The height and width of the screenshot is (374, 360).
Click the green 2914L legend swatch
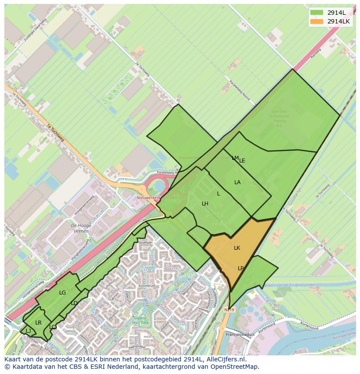pos(316,12)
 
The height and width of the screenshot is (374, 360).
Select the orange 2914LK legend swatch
pos(316,21)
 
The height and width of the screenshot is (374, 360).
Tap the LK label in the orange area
pos(237,248)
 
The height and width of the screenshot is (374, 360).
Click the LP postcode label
pos(241,268)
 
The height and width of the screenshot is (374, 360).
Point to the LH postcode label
pos(205,204)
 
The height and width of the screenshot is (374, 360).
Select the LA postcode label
pos(237,182)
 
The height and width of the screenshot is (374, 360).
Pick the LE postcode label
pos(242,161)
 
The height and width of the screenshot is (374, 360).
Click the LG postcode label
pos(63,293)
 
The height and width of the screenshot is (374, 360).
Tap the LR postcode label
pos(38,323)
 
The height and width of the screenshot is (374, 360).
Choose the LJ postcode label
pos(28,331)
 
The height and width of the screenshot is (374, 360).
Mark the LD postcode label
pos(74,303)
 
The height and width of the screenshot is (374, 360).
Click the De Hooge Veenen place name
pos(80,228)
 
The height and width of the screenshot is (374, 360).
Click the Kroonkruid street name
pos(147,286)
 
